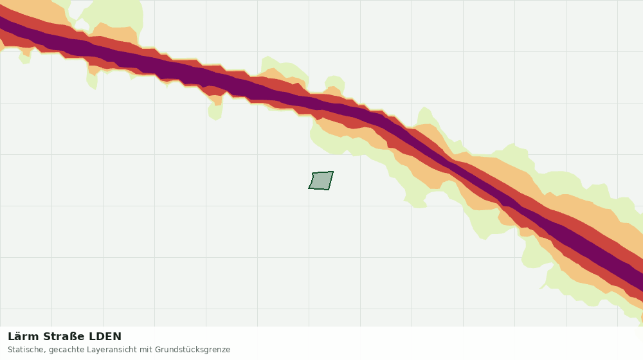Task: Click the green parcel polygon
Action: tap(321, 181)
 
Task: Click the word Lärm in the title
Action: tap(24, 337)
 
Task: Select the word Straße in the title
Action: tap(64, 337)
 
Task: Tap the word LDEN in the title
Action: tap(105, 337)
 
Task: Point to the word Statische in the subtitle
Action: tap(26, 350)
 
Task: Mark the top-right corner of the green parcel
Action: tap(333, 172)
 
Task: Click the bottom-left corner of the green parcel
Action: tap(309, 188)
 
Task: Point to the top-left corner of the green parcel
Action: tap(313, 173)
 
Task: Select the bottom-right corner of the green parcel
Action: tap(329, 190)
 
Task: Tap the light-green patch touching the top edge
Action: tap(113, 14)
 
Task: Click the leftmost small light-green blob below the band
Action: tap(24, 57)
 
